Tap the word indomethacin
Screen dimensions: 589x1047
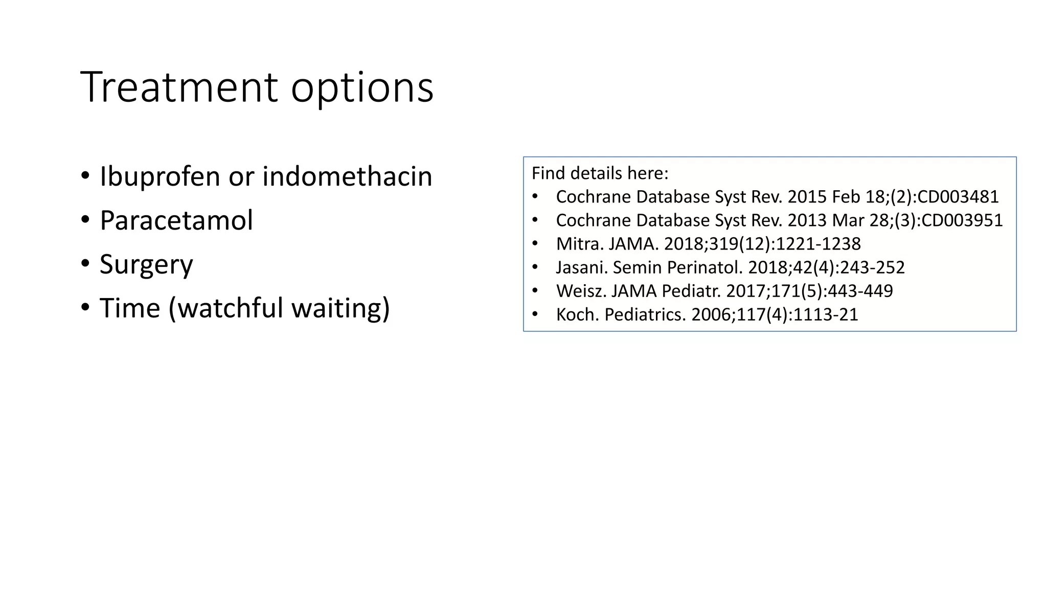tap(347, 176)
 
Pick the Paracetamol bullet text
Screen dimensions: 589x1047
tap(176, 220)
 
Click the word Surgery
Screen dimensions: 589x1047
tap(146, 265)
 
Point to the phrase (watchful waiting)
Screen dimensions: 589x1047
tap(279, 308)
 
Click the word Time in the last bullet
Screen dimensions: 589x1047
tap(130, 308)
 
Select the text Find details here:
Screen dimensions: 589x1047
tap(600, 173)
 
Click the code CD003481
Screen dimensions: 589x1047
tap(958, 197)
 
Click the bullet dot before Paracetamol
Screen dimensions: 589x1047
tap(85, 220)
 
